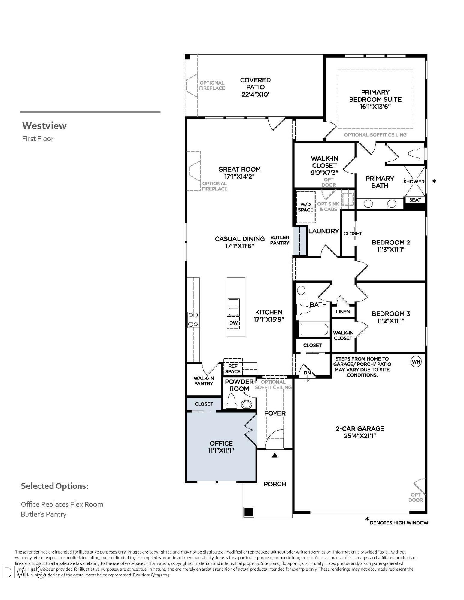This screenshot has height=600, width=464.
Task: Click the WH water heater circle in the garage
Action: click(416, 361)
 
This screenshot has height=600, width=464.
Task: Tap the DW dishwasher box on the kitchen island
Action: click(233, 323)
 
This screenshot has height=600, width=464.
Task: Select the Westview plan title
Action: click(44, 125)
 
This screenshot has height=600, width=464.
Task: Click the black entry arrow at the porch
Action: click(274, 455)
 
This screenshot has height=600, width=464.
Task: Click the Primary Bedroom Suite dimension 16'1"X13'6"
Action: click(375, 106)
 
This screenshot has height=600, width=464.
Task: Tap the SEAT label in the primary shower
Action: click(415, 200)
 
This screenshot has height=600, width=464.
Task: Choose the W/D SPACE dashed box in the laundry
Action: click(305, 207)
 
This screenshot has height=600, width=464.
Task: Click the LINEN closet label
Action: click(343, 312)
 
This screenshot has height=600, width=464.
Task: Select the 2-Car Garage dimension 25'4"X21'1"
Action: click(360, 436)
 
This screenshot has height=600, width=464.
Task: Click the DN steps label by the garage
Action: click(307, 373)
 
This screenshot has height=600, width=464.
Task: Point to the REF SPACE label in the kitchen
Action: click(233, 369)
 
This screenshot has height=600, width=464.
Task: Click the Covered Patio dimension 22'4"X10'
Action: click(255, 94)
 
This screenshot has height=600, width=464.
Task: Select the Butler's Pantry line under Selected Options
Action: click(44, 514)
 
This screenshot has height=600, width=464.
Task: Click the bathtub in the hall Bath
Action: click(314, 329)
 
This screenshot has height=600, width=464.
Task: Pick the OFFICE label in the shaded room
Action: click(221, 443)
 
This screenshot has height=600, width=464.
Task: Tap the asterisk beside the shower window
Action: click(434, 181)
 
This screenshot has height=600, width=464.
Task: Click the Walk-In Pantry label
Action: click(204, 381)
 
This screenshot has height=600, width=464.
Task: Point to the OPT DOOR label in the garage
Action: click(416, 497)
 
